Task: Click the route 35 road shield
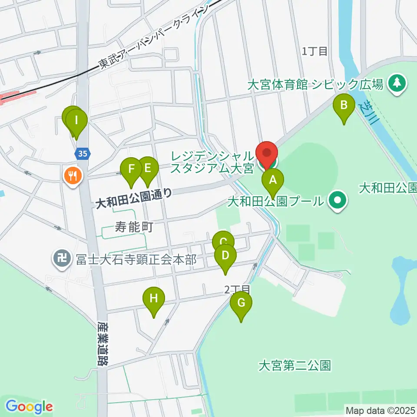[83, 153]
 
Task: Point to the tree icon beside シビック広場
[397, 83]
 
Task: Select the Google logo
[29, 407]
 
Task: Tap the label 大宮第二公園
[295, 366]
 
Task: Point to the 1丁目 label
[314, 51]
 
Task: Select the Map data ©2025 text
[380, 410]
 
